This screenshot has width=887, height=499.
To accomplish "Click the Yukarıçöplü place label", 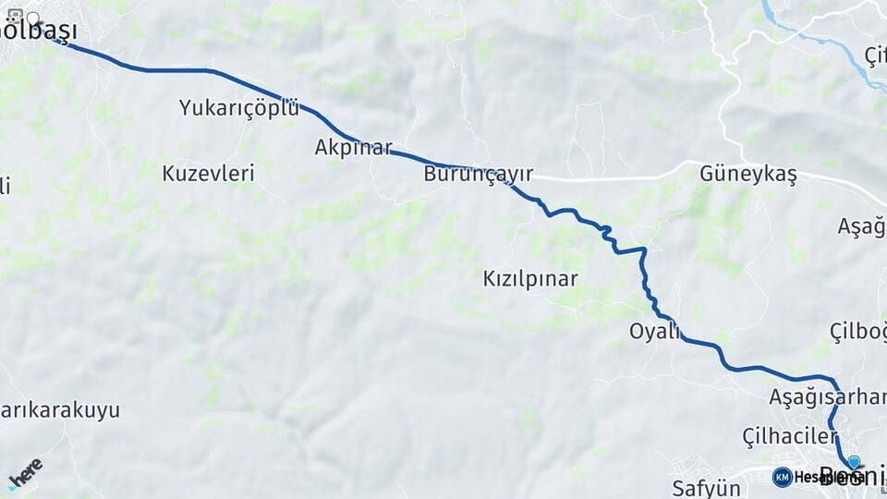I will click(239, 108).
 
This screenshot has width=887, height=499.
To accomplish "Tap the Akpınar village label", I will click(353, 147).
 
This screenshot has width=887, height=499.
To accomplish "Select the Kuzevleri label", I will click(208, 173).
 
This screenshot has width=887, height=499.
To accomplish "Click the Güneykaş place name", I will click(747, 173).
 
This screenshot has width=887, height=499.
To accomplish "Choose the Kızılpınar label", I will click(530, 278).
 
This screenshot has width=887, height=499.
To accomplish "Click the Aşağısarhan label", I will click(827, 397).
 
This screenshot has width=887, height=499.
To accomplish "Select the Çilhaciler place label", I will click(789, 434).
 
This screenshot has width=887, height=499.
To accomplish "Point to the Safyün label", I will click(707, 486).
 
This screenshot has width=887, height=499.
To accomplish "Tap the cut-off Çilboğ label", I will click(857, 331).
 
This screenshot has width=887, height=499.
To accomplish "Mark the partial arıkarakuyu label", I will click(60, 409).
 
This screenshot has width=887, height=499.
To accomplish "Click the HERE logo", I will click(25, 472).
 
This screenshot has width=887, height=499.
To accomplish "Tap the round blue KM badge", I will click(782, 477).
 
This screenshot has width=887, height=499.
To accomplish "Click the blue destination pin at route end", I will click(854, 462).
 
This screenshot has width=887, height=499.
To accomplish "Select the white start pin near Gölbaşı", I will click(34, 18).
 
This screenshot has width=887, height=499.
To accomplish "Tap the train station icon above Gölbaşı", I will click(15, 16).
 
